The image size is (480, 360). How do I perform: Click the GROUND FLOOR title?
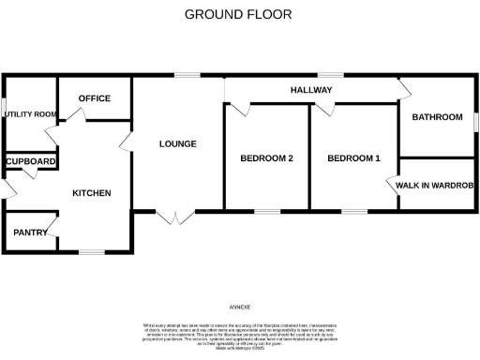[x=237, y=14]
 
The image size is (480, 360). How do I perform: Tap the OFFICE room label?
[x=95, y=98]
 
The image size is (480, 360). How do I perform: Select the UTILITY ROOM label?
[x=31, y=114]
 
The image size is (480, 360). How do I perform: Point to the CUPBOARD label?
[x=31, y=161]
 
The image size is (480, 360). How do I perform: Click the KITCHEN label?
[x=92, y=193]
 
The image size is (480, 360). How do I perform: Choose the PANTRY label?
[x=30, y=232]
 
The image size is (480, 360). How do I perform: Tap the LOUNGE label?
[x=177, y=143]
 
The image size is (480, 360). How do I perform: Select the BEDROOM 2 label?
[x=267, y=158]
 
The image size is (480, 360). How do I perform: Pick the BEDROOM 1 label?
[x=353, y=158]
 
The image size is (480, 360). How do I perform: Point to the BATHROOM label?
[x=437, y=117]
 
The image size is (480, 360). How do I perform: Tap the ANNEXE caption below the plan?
[x=240, y=307]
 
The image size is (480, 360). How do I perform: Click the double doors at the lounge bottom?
[x=171, y=217]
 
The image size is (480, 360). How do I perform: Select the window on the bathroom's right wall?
[x=475, y=121]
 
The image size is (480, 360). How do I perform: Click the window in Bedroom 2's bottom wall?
[x=266, y=212]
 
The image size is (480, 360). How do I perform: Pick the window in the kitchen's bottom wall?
[x=91, y=252]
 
